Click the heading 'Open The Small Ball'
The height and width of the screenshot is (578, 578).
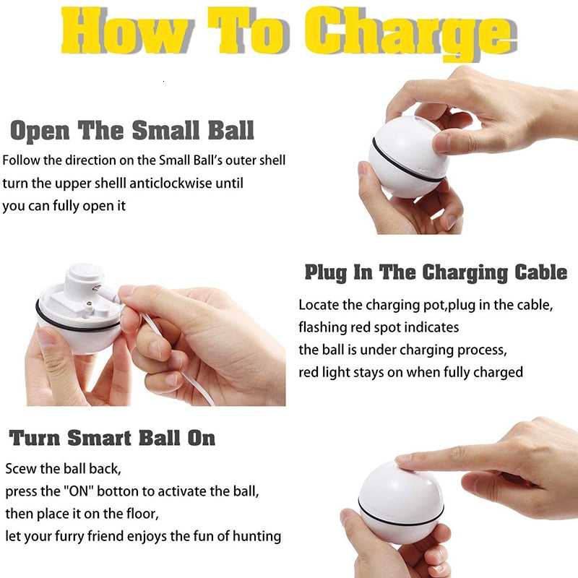click(x=131, y=131)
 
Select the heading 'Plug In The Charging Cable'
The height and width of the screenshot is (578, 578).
click(x=436, y=272)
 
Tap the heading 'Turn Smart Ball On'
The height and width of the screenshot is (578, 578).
click(x=112, y=438)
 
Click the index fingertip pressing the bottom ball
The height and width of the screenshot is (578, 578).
click(x=405, y=459)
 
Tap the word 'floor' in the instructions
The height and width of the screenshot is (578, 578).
click(x=141, y=514)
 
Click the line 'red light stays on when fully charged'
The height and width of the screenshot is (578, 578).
click(x=410, y=372)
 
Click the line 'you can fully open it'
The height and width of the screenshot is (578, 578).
click(x=64, y=205)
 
